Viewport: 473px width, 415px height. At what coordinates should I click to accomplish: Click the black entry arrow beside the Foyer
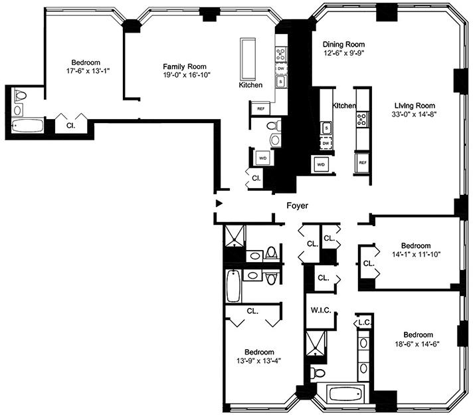[x=219, y=204]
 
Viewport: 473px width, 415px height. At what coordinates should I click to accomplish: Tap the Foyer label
[x=297, y=206]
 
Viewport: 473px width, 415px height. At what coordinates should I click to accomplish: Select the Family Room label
[x=185, y=67]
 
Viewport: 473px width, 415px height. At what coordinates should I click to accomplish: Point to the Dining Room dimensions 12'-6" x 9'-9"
[x=343, y=53]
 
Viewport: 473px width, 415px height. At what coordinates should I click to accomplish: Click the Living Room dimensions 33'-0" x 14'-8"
[x=413, y=114]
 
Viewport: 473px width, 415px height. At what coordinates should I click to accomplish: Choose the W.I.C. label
[x=321, y=310]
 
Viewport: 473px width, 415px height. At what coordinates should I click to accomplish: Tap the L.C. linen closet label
[x=365, y=323]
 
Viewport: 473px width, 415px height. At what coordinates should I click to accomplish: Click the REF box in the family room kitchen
[x=260, y=108]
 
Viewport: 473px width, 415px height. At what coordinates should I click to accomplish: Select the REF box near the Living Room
[x=362, y=162]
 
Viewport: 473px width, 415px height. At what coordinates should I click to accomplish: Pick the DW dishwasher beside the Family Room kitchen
[x=281, y=69]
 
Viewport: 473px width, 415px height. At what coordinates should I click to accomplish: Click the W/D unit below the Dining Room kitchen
[x=320, y=164]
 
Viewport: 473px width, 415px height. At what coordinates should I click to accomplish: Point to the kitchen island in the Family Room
[x=248, y=59]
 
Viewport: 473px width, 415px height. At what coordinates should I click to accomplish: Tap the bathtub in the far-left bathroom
[x=27, y=126]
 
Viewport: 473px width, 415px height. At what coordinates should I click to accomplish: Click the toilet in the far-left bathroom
[x=20, y=95]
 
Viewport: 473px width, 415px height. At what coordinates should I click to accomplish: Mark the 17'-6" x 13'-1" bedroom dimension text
[x=88, y=71]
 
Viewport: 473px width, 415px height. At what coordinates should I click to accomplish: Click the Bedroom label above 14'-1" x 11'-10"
[x=416, y=245]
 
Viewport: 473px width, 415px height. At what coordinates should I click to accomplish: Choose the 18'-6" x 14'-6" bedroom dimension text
[x=417, y=344]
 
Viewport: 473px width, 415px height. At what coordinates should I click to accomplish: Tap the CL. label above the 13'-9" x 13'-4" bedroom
[x=252, y=311]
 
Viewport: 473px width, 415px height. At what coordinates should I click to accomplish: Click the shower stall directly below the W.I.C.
[x=316, y=343]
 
